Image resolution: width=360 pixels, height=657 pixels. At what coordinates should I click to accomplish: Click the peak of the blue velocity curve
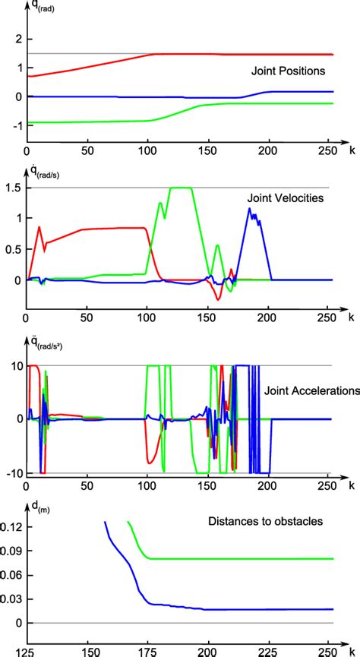point(250,208)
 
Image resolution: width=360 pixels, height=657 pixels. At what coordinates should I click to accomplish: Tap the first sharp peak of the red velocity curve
point(39,226)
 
